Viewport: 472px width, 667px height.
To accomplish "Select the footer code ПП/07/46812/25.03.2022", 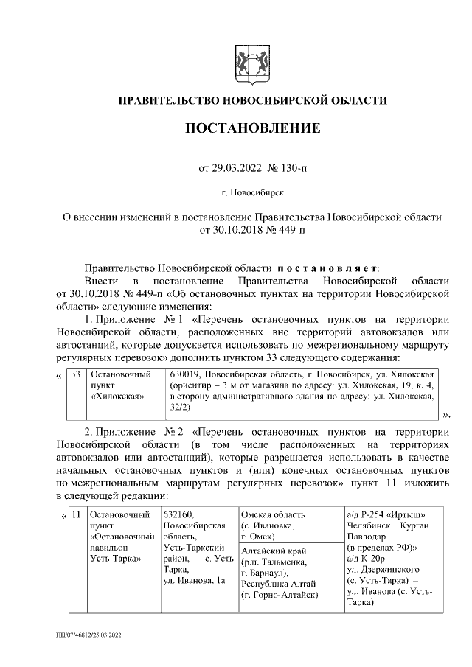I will [88, 634].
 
